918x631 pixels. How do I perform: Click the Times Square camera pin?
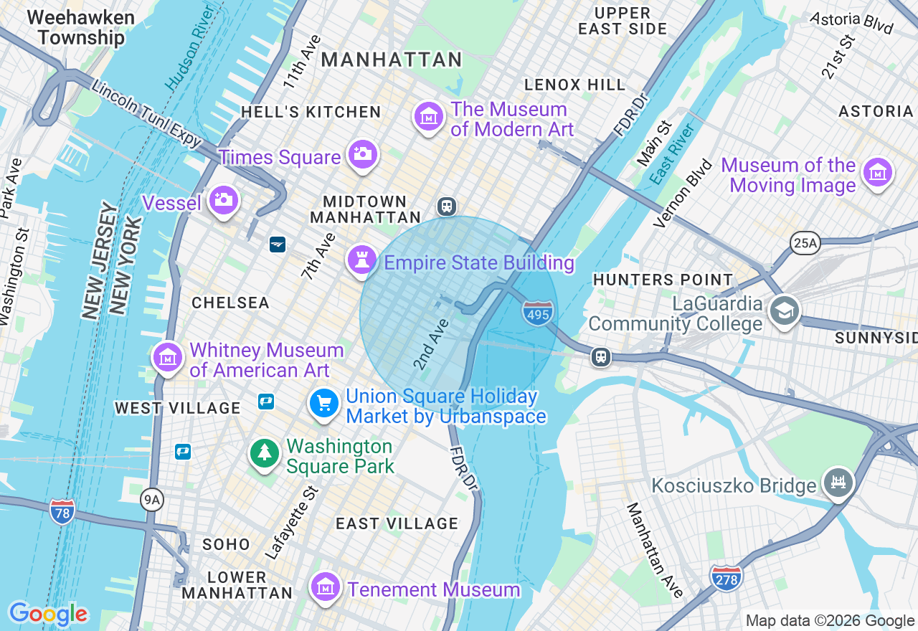363,154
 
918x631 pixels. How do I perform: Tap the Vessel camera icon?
224,200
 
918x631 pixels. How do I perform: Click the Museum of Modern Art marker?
429,116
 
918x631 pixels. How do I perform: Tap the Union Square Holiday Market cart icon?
324,403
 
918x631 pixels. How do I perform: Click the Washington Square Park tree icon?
265,453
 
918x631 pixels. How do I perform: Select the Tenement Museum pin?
326,587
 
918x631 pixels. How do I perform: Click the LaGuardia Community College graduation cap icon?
785,311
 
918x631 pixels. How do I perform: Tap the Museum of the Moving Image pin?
878,173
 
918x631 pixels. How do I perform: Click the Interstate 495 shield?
538,313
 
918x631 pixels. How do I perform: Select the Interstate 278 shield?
726,577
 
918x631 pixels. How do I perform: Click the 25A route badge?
805,243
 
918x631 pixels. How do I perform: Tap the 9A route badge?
151,499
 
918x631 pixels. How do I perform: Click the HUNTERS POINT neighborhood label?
663,280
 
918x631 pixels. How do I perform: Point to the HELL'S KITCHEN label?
311,112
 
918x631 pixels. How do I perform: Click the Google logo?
48,614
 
